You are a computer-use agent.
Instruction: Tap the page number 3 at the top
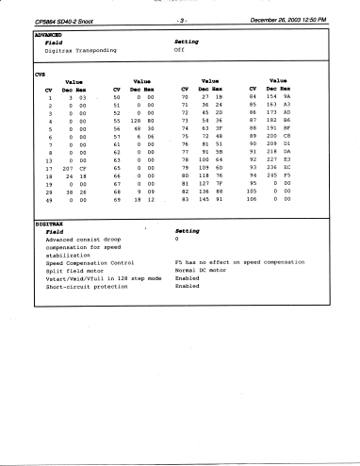(180, 18)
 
